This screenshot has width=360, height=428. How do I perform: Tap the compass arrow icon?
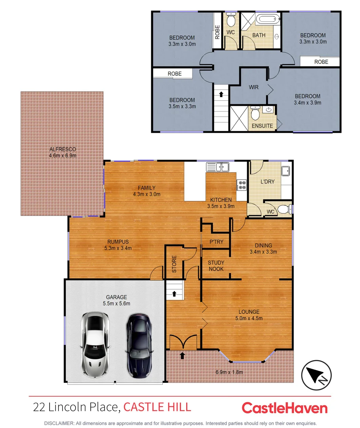coord(316,374)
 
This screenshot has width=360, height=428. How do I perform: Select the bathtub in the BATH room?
coord(268,19)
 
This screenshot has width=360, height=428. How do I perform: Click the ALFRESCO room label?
coord(63,152)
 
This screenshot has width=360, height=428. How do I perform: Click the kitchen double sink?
coord(217,167)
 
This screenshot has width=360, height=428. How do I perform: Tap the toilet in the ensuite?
coord(255,114)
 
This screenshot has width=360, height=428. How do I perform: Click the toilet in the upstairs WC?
coord(231,20)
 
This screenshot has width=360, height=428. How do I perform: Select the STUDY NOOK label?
coord(216,266)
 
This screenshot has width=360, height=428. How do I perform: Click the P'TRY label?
coord(216,242)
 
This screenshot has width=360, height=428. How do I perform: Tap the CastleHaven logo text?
coord(284,408)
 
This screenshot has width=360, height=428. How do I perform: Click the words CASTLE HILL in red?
coord(157,407)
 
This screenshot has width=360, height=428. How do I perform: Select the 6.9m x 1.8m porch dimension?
coord(229,372)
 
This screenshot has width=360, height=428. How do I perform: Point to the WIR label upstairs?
coord(253,87)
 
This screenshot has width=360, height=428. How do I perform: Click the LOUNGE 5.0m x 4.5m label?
coord(249,315)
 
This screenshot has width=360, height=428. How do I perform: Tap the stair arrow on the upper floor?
coord(221,94)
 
